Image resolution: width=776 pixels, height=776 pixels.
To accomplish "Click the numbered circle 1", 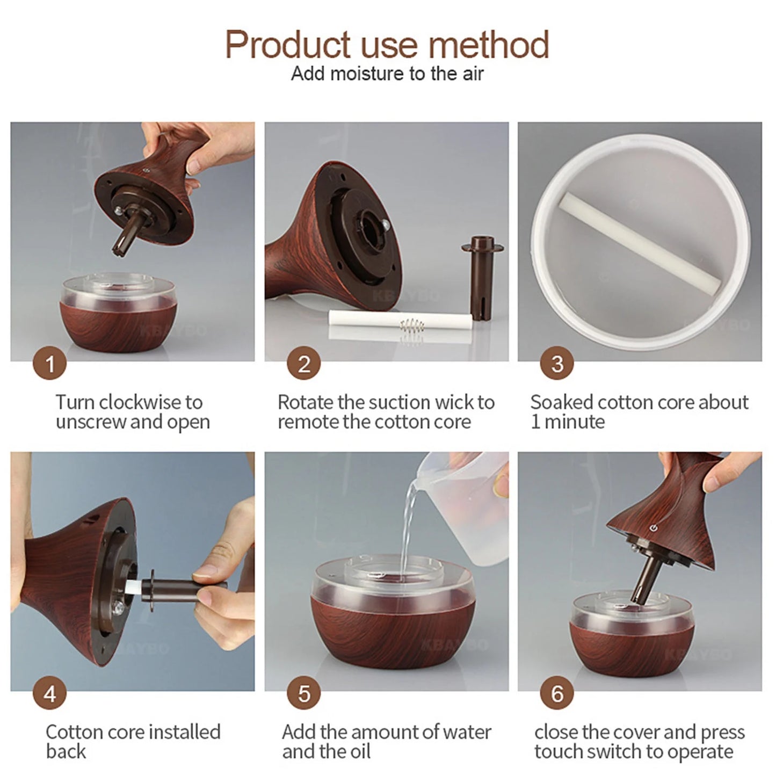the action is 49,363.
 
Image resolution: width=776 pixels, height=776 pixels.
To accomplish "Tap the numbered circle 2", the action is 303,363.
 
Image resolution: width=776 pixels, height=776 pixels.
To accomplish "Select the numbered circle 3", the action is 557,363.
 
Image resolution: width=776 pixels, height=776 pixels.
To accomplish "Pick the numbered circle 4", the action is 49,693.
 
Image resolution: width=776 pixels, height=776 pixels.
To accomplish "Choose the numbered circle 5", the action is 303,693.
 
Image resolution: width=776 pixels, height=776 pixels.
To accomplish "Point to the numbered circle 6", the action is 557,693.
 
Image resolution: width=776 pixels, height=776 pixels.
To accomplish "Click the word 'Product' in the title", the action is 288,45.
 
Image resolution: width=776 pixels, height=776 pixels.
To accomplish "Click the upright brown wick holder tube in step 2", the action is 482,278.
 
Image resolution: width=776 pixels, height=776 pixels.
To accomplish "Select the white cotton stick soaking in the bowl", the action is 639,244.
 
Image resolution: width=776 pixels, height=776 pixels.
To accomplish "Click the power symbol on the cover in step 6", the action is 654,527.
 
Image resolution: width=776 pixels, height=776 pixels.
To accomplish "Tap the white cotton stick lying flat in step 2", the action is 400,321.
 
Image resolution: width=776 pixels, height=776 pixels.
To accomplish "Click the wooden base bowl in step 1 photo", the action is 118,314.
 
